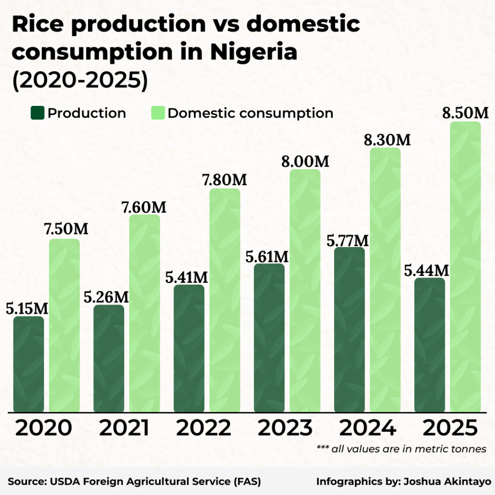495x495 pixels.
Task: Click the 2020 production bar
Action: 29,365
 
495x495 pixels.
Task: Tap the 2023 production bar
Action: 269,338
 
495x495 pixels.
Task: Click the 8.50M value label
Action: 466,114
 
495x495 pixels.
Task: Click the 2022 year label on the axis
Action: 204,428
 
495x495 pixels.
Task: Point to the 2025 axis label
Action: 450,428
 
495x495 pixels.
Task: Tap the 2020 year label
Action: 44,428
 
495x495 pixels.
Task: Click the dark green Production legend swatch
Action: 38,114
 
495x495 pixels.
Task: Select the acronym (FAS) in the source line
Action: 247,481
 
